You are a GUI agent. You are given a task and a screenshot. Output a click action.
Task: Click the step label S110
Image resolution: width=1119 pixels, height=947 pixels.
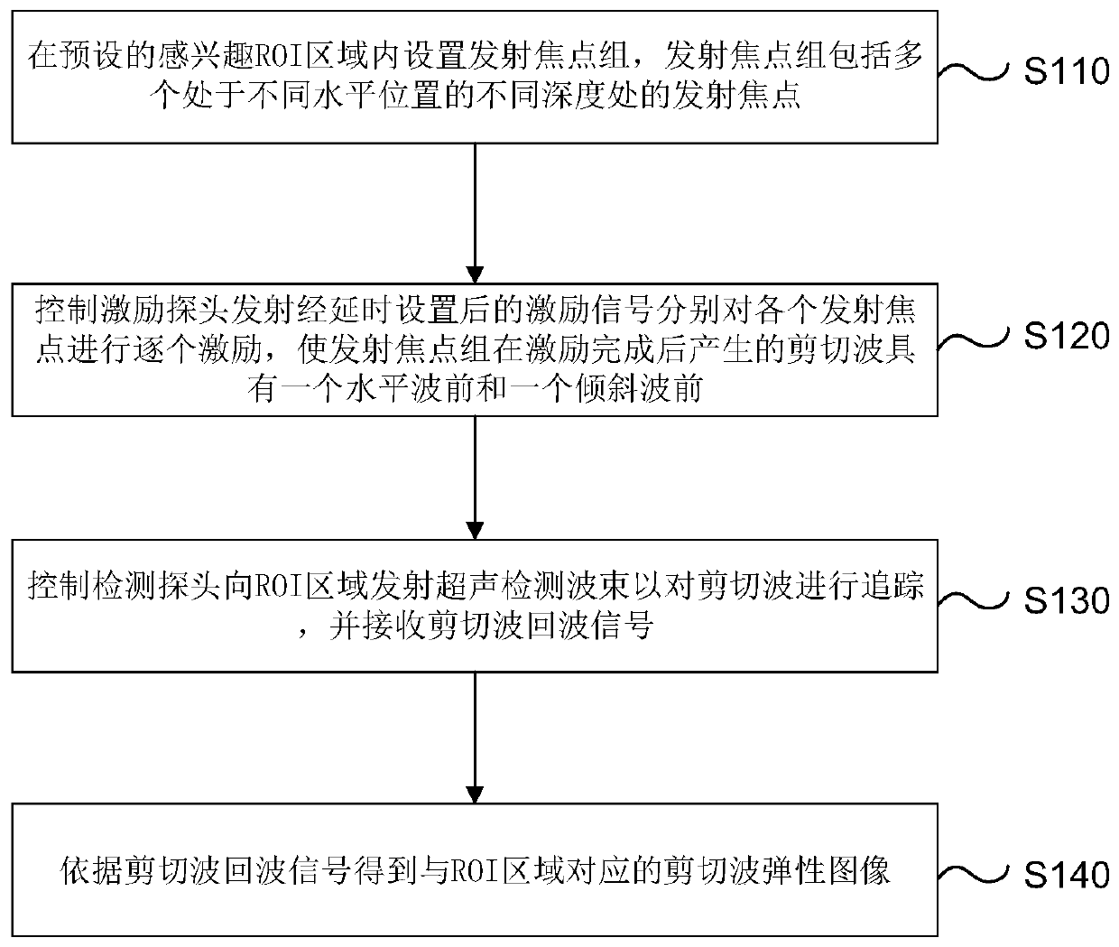tap(1066, 70)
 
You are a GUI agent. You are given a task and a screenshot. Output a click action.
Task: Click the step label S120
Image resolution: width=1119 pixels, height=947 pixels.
tap(1066, 336)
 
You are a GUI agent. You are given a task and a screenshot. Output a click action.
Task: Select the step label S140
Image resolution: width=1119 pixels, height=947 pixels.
tap(1066, 874)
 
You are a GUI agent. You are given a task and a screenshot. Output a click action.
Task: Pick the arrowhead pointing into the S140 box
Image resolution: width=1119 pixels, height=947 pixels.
tap(475, 793)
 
